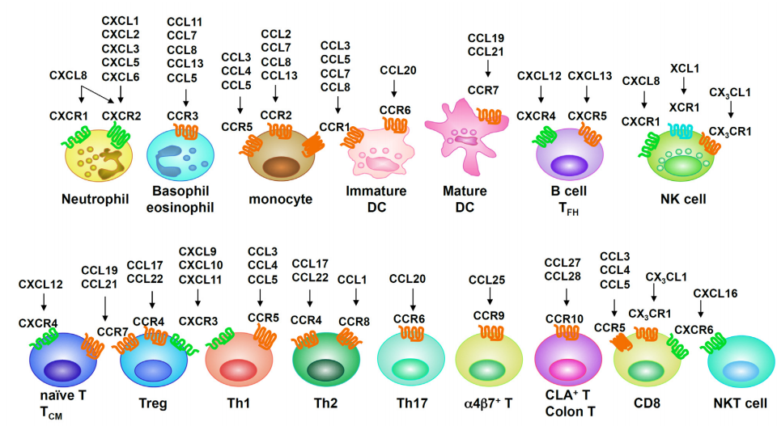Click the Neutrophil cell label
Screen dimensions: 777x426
click(96, 200)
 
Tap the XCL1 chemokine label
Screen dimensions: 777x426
click(685, 68)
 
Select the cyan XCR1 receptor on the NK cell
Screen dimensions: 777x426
click(680, 130)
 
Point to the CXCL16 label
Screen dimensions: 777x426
click(715, 293)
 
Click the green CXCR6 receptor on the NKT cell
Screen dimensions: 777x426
click(713, 343)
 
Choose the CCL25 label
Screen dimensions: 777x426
click(487, 280)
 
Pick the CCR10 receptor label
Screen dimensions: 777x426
click(564, 319)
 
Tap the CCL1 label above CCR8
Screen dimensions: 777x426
click(352, 280)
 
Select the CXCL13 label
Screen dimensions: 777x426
click(590, 76)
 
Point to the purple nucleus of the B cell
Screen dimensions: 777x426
click(569, 165)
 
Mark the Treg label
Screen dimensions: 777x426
click(153, 403)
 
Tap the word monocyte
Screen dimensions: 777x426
click(281, 200)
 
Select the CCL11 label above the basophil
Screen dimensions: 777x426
click(185, 23)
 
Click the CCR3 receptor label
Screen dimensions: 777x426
click(182, 116)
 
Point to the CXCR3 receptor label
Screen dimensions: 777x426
click(198, 321)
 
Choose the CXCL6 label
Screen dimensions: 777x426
click(121, 77)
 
